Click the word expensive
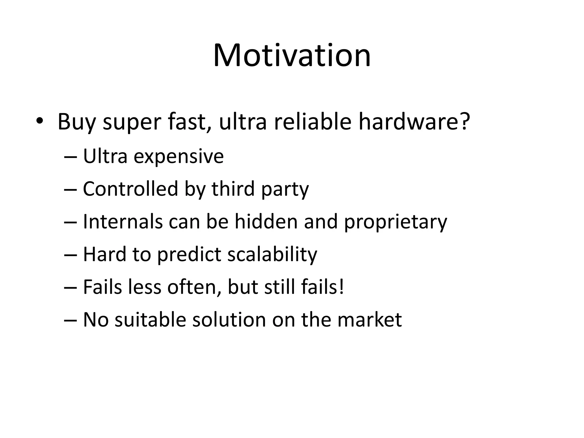[x=179, y=157]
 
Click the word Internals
[x=123, y=222]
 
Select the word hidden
[x=266, y=222]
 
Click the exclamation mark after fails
[x=341, y=287]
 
